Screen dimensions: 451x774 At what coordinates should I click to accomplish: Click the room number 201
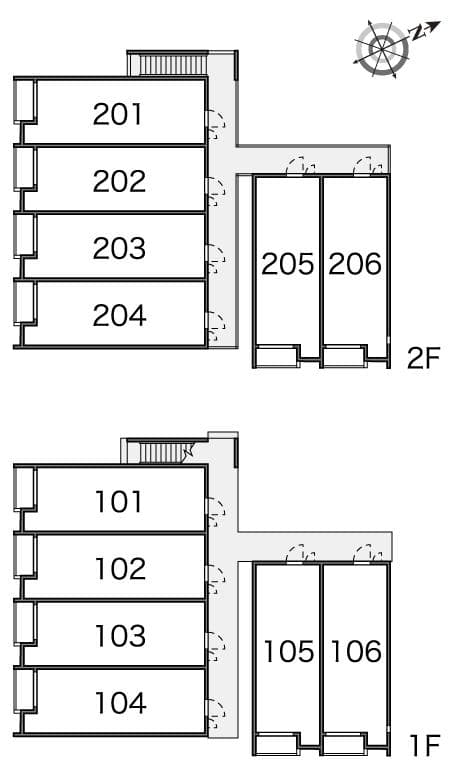[x=117, y=114]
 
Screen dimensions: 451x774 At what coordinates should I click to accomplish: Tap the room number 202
[x=119, y=181]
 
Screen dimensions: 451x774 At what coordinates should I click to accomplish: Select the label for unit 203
[x=119, y=248]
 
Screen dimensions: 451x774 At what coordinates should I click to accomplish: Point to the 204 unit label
[x=119, y=316]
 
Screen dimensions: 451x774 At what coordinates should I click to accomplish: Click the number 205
[x=288, y=264]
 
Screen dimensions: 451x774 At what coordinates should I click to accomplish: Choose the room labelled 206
[x=355, y=264]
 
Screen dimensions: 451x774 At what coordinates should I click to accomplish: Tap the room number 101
[x=119, y=502]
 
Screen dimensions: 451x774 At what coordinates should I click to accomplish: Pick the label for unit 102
[x=121, y=569]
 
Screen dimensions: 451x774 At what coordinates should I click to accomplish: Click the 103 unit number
[x=121, y=636]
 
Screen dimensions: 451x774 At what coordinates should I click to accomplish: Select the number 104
[x=121, y=703]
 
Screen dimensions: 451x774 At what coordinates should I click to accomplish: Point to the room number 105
[x=289, y=651]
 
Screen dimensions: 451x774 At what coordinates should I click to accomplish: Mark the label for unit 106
[x=356, y=651]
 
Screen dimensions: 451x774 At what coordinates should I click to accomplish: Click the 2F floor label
[x=423, y=359]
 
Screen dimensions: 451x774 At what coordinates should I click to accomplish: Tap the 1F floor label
[x=425, y=746]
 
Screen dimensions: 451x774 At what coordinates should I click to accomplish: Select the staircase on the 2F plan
[x=171, y=65]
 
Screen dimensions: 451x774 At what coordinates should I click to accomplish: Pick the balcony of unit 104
[x=24, y=690]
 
